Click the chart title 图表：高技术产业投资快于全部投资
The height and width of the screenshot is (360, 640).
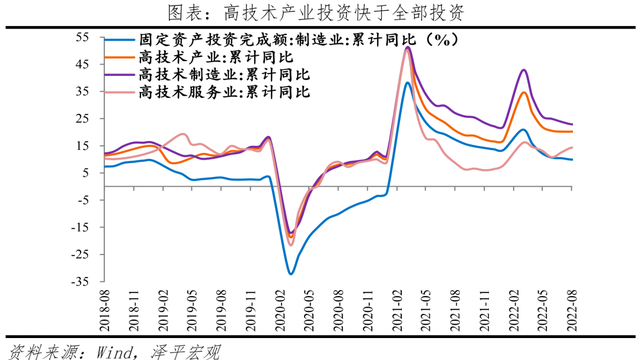coord(319,12)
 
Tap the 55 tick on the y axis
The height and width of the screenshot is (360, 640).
coord(82,38)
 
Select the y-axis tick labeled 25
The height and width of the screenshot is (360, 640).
coord(82,119)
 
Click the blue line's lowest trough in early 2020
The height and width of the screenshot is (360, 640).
coord(291,273)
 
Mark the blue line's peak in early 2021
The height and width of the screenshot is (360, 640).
coord(408,83)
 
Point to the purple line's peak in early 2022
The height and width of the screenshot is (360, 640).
coord(524,70)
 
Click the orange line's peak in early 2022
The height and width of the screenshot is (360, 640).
coord(524,93)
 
